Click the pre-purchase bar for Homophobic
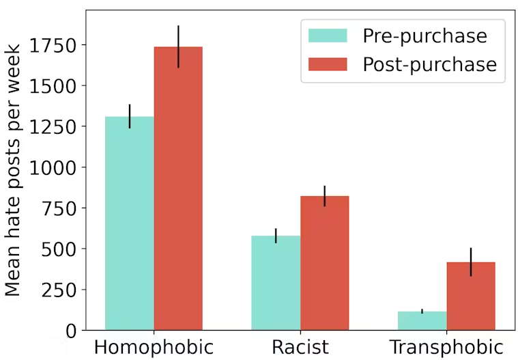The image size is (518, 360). (130, 223)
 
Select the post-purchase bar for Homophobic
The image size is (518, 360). (178, 189)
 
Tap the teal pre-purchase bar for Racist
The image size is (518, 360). (276, 283)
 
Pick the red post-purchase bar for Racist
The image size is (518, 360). (324, 263)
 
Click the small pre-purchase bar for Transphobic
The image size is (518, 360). (422, 320)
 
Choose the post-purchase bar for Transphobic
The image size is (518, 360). (471, 296)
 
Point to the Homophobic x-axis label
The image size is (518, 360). (154, 347)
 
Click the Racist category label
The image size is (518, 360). (300, 347)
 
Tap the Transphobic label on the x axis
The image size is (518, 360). (446, 347)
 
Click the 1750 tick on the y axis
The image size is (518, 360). (53, 45)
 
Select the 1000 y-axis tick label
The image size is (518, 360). (53, 167)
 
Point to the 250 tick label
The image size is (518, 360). (59, 290)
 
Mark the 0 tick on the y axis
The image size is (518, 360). (72, 331)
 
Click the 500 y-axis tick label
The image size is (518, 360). (59, 249)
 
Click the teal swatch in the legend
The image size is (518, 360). (328, 36)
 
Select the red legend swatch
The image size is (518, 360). (328, 64)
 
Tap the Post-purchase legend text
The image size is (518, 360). (429, 64)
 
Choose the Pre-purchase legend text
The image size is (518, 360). (425, 36)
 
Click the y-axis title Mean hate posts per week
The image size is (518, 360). (12, 170)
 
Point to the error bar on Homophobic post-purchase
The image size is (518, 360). (178, 46)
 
